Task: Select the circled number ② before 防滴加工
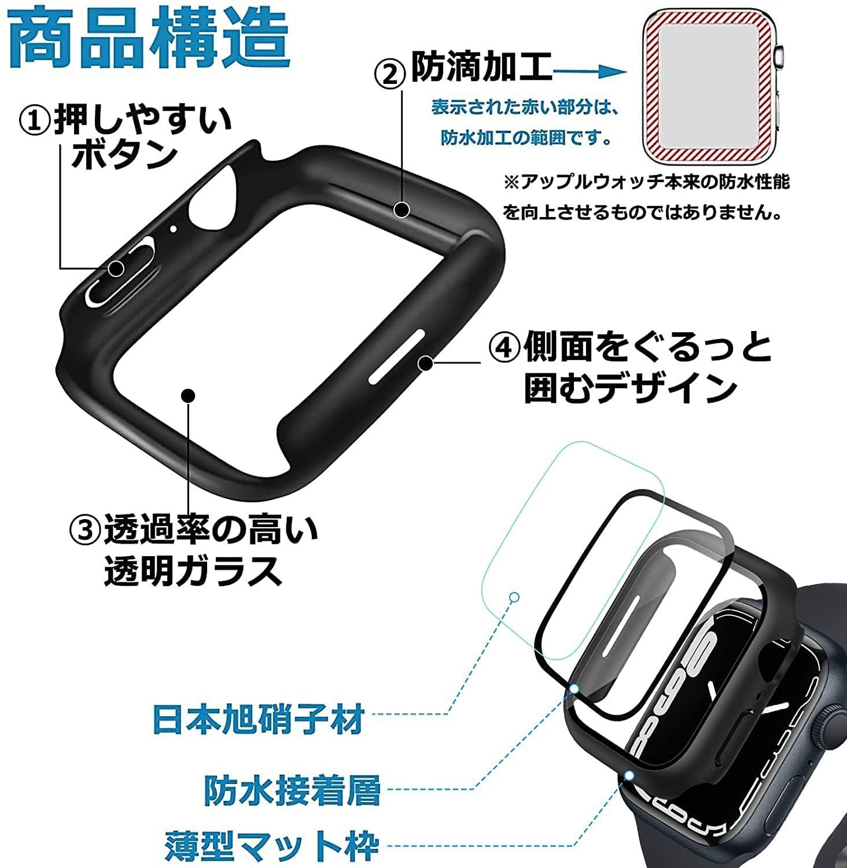point(391,75)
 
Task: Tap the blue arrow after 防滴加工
point(591,72)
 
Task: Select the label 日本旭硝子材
point(258,719)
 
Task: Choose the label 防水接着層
point(292,790)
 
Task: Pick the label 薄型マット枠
point(272,846)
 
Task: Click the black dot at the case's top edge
point(402,209)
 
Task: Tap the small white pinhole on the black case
point(173,228)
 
